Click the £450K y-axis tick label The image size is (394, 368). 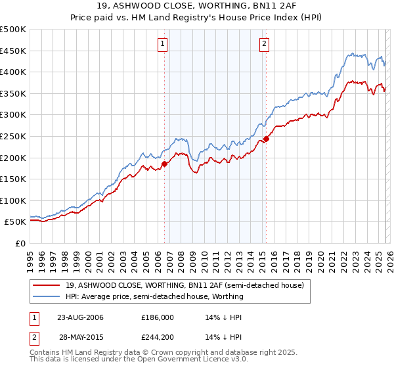(x=13, y=51)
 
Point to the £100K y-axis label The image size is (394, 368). (x=13, y=200)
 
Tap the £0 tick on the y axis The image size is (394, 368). (x=20, y=243)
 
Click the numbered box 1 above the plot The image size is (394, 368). (x=162, y=44)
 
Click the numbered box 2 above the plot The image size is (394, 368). (x=264, y=44)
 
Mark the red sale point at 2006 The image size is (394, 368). (x=165, y=164)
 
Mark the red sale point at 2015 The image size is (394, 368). (x=266, y=139)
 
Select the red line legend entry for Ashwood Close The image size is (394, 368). (x=184, y=286)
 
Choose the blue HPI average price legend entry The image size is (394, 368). (x=154, y=296)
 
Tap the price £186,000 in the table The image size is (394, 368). (x=158, y=317)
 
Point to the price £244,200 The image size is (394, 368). (x=158, y=336)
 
